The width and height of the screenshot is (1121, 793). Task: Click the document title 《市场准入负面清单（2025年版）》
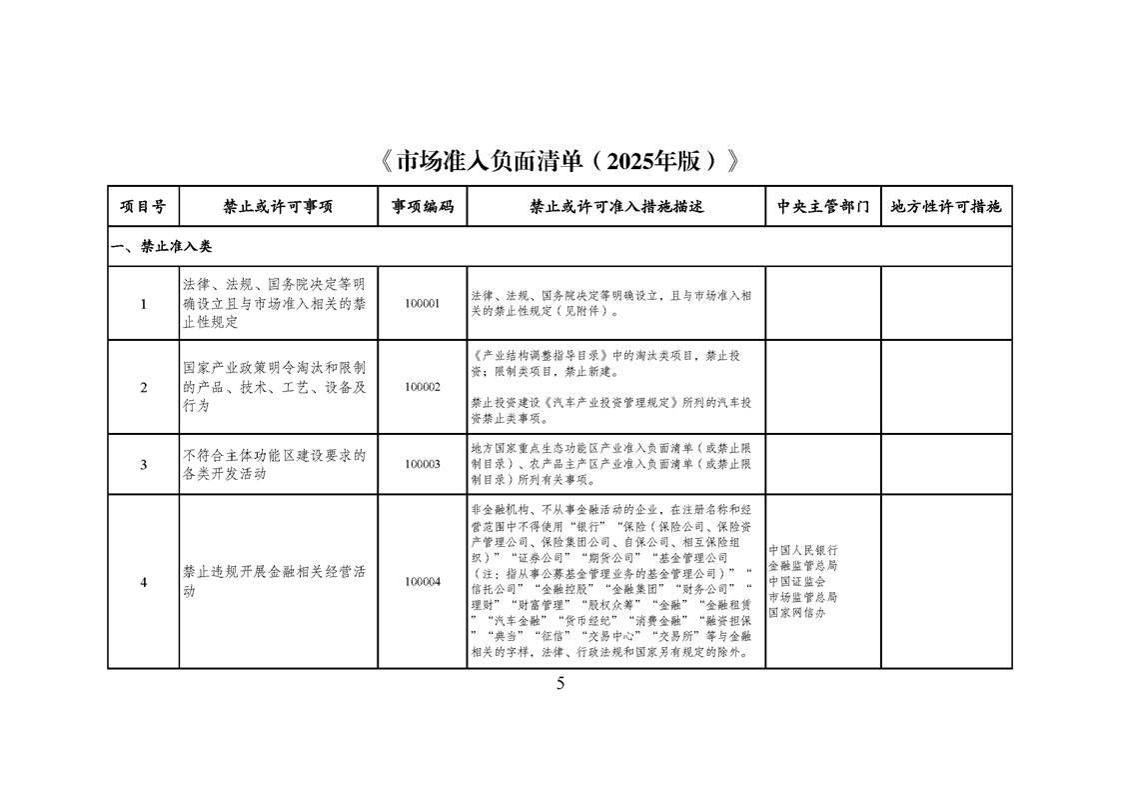560,161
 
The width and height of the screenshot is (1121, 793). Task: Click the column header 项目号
143,207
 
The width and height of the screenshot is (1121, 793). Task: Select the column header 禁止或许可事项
278,207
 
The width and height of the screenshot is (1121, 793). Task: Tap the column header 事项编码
422,207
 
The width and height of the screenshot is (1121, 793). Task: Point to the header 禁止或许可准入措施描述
615,207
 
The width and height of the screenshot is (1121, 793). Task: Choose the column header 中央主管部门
822,207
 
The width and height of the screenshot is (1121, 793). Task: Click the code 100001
422,304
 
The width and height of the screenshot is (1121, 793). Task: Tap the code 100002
422,387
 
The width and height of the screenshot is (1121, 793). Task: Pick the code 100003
422,464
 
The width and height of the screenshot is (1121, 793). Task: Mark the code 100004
422,581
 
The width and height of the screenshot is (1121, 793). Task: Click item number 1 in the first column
143,304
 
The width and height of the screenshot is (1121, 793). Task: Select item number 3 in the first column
143,464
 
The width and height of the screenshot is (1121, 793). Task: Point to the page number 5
560,684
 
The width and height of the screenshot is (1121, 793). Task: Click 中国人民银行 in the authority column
803,550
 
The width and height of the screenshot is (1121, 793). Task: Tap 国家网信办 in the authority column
796,612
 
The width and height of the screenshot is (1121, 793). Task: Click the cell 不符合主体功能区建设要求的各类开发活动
273,464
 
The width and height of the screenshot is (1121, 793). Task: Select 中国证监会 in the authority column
796,581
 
